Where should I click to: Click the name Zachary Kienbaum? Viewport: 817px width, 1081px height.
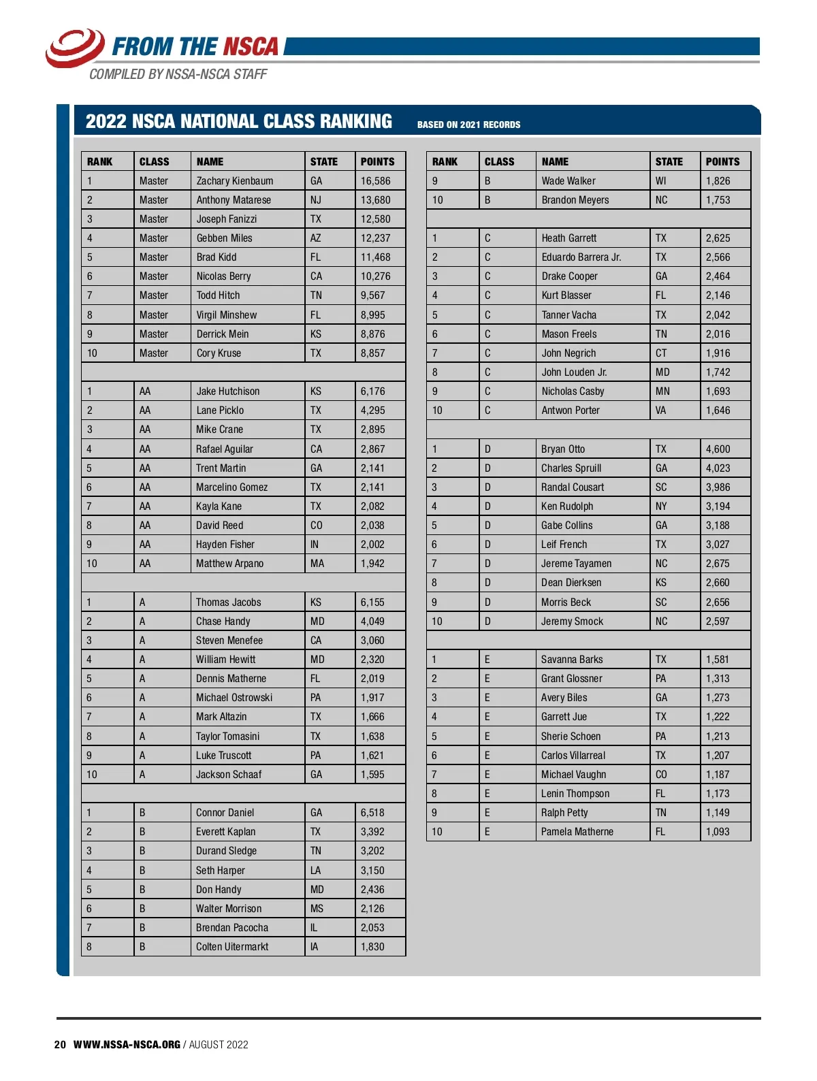click(234, 181)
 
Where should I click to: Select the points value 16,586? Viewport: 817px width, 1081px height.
click(375, 181)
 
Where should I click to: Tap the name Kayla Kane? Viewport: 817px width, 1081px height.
click(219, 506)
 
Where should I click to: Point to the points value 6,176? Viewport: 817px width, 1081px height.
click(372, 391)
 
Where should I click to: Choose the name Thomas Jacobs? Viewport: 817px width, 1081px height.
click(228, 602)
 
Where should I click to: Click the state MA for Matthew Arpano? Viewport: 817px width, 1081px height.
click(317, 564)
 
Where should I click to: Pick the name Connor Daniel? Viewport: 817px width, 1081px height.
click(225, 813)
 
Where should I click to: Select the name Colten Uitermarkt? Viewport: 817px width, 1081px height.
click(232, 947)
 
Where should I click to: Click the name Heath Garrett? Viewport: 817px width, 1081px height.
click(568, 238)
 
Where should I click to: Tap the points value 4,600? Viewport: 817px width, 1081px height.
click(718, 449)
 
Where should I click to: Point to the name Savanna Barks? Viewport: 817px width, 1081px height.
click(571, 660)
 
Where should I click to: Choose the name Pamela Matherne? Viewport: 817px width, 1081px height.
click(577, 832)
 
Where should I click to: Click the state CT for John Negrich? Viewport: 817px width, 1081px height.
click(661, 353)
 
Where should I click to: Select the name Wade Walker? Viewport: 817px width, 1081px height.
click(568, 181)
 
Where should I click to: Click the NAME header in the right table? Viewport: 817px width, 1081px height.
click(555, 162)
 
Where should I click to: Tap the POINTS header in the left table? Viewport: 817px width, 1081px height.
click(377, 162)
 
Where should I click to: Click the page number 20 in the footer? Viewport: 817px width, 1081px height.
click(60, 1045)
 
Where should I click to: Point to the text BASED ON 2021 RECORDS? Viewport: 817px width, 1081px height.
click(468, 125)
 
